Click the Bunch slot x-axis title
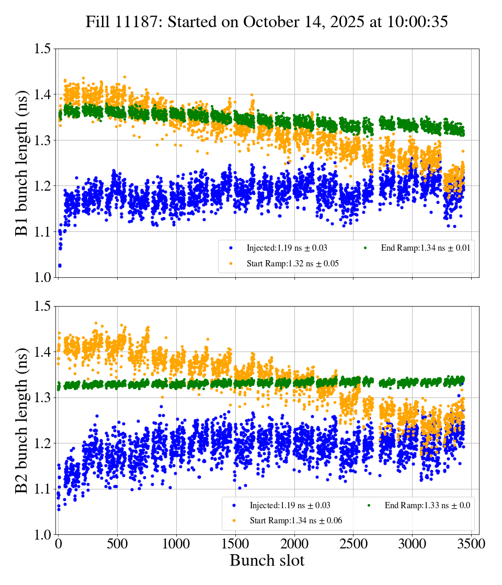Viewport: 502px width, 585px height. click(267, 560)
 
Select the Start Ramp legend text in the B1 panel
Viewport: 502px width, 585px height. click(292, 264)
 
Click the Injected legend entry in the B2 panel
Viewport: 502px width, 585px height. click(290, 505)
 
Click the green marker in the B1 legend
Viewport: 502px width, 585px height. click(366, 248)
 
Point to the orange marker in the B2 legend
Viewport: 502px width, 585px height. click(234, 520)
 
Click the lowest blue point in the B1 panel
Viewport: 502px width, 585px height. click(60, 265)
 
